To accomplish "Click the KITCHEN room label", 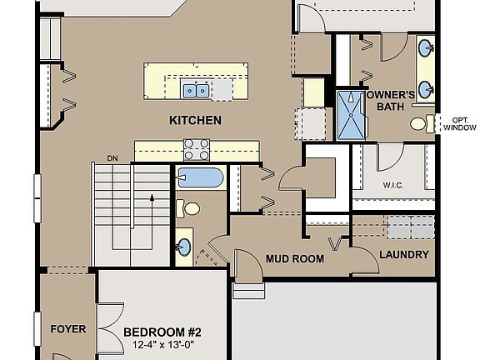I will [x=195, y=120].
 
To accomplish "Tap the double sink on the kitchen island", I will [x=196, y=88].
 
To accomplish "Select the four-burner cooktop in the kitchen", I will [x=197, y=149].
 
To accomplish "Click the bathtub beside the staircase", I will [x=200, y=178].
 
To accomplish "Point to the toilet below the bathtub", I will [x=192, y=208].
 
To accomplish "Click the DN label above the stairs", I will [x=112, y=157].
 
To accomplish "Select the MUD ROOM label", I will [x=294, y=258].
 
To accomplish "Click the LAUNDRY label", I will [x=404, y=255].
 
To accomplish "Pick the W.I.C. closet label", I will [x=394, y=185].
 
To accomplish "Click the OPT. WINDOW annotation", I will [x=459, y=123].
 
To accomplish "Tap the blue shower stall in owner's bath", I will [x=350, y=115].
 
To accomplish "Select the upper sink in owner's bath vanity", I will [x=425, y=47].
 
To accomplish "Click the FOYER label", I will [x=67, y=329].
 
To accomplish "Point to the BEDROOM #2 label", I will [x=162, y=332].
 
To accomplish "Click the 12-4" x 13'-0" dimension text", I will [x=162, y=345].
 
